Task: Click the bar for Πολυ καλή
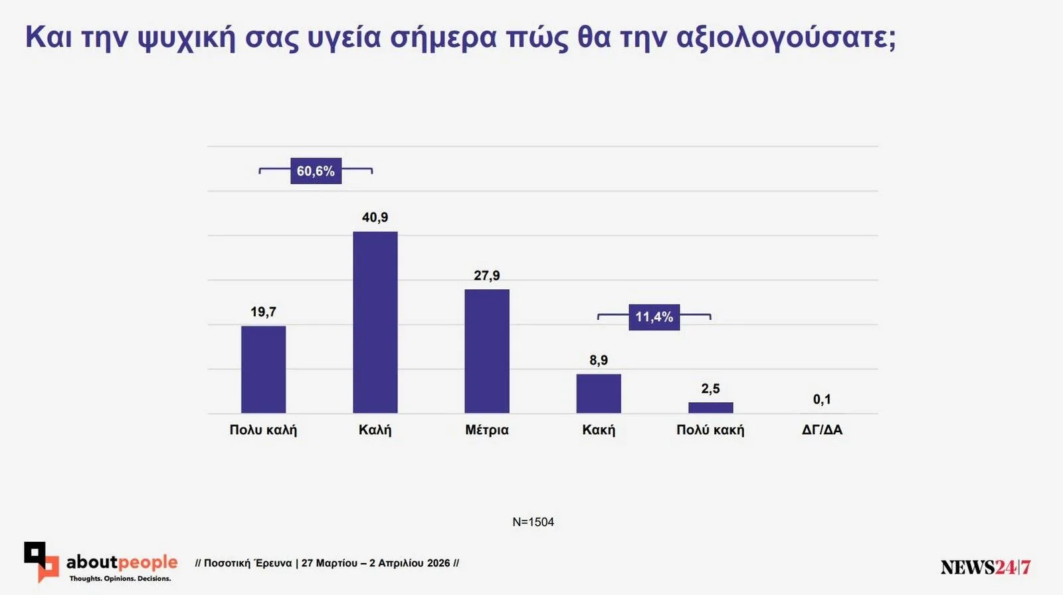click(x=263, y=370)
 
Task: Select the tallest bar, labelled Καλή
click(x=375, y=322)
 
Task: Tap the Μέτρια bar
click(x=486, y=351)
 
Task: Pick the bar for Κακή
click(x=598, y=394)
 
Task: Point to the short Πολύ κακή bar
click(x=710, y=408)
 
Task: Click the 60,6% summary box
click(x=316, y=171)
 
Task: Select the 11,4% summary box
click(x=654, y=317)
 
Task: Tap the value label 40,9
click(x=375, y=217)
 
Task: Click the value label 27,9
click(x=486, y=275)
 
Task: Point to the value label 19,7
click(x=263, y=312)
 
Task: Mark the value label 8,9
click(x=598, y=360)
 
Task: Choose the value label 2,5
click(x=710, y=389)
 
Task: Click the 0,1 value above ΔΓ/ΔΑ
click(x=822, y=400)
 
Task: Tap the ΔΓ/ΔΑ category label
click(x=822, y=430)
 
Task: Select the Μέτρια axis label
click(x=486, y=430)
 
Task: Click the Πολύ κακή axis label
click(x=710, y=430)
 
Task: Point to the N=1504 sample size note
click(x=533, y=522)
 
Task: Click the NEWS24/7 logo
click(x=985, y=567)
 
